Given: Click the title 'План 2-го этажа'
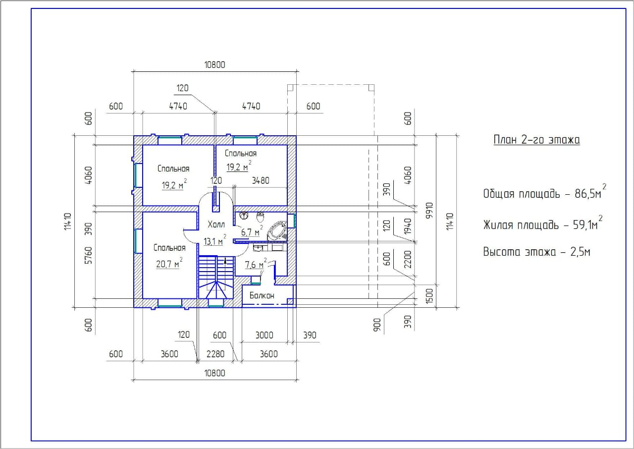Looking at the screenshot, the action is [x=536, y=140].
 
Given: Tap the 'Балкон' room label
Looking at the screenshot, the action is [x=262, y=295].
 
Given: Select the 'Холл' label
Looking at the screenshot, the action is [x=216, y=224].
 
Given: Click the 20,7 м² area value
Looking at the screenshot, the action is [x=169, y=263].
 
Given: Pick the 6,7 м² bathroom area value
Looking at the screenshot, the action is [x=252, y=231].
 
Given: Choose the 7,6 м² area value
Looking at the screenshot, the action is [x=256, y=264].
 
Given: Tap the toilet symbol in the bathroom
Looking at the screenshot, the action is [x=261, y=217].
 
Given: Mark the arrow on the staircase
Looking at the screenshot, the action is [x=225, y=261].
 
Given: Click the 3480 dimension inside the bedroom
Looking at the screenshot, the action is [x=261, y=180].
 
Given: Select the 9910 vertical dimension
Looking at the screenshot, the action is [x=429, y=210].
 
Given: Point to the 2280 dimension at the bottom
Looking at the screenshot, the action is [x=215, y=354].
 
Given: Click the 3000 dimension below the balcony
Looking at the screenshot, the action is [x=264, y=335].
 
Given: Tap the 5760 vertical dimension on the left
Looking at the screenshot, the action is [x=89, y=255].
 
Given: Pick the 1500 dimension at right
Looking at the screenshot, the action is [x=429, y=296].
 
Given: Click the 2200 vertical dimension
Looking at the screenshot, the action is [x=408, y=259].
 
